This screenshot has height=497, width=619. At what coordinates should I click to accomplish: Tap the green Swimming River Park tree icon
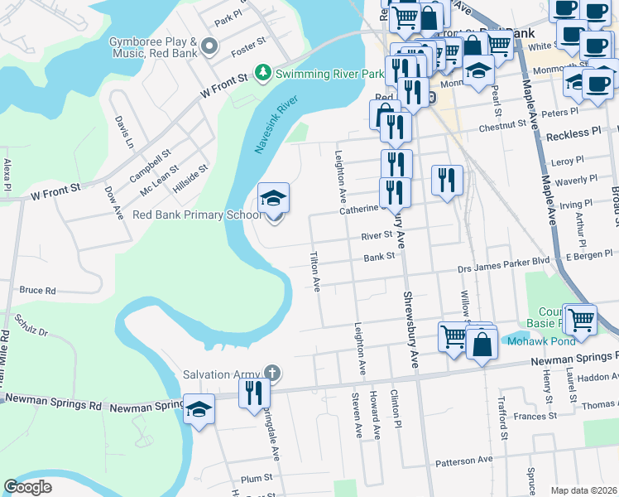[263, 74]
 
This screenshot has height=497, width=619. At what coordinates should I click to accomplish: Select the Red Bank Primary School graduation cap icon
[273, 199]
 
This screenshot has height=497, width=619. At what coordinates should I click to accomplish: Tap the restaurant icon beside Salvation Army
[254, 392]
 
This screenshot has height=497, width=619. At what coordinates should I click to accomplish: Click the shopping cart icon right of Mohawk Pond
[581, 318]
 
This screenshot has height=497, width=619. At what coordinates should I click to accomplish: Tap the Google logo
[28, 486]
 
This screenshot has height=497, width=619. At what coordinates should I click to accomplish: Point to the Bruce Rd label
[37, 291]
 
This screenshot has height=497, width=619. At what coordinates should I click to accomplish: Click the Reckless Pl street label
[573, 133]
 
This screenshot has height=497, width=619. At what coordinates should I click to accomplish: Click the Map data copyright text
[583, 490]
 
